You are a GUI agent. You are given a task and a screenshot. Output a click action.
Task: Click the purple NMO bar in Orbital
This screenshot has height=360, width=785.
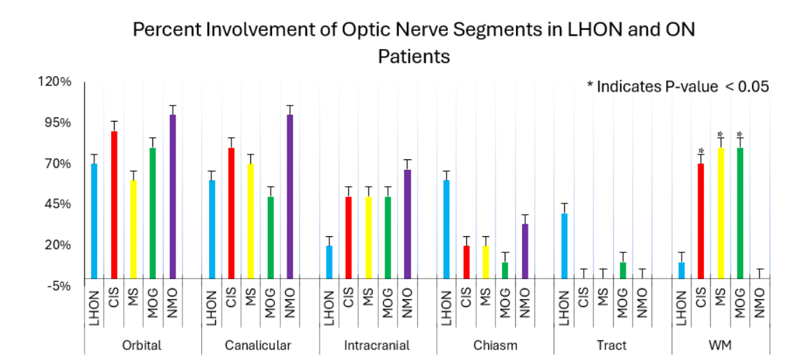coord(173,196)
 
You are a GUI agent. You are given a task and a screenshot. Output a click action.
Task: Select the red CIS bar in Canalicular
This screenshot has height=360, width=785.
coord(231,213)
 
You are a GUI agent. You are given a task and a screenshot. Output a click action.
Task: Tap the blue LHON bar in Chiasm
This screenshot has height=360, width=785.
coord(447,229)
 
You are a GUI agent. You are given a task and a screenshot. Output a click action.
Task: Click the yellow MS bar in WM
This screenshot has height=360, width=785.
coord(720,213)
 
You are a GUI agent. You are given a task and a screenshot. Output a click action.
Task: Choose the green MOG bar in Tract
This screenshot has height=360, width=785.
coord(623,271)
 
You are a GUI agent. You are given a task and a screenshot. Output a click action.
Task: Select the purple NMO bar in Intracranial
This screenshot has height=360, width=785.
coord(408,224)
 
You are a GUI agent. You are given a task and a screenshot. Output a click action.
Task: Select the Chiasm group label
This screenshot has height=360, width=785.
coord(495,345)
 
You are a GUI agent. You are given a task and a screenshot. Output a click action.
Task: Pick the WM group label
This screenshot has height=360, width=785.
coord(720,345)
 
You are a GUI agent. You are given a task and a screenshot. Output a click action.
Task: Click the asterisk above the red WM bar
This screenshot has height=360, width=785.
coord(700,152)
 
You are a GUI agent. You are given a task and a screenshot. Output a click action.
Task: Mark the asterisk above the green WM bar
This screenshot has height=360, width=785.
coord(740,135)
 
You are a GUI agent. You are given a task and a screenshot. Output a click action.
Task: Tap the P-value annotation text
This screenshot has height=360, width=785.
coord(677,87)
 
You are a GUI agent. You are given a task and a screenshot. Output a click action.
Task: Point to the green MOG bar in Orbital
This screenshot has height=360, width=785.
coord(153,213)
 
